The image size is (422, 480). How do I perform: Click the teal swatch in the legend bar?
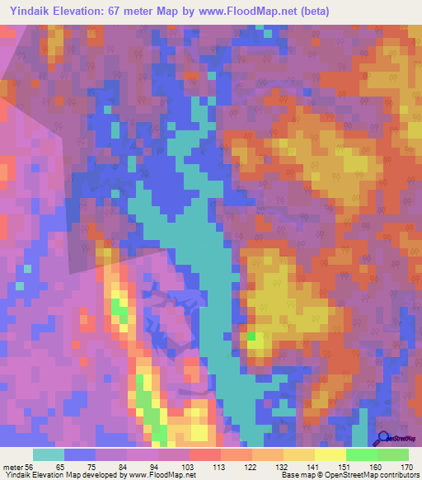coord(49,454)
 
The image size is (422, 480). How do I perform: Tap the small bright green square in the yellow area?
coord(251,336)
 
